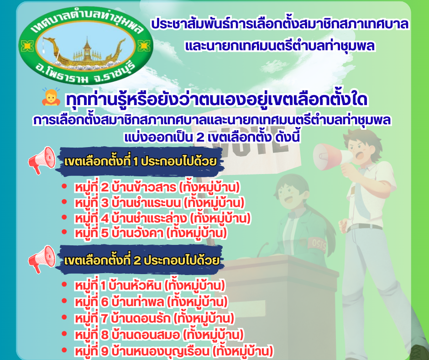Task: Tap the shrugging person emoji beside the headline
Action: point(51,97)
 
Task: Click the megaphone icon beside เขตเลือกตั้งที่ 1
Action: point(42,160)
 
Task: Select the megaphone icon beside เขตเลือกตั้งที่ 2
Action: point(42,259)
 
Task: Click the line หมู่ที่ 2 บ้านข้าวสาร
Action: point(157,187)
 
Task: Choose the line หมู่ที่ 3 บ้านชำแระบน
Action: point(160,203)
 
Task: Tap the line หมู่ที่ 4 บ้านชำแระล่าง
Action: point(163,218)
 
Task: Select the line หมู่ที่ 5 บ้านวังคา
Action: point(151,233)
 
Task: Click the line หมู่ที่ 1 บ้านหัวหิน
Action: point(150,286)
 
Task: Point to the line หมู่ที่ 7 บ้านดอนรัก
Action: point(155,318)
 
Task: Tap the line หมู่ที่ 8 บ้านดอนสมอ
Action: point(159,335)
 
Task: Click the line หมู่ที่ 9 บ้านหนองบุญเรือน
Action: point(174,351)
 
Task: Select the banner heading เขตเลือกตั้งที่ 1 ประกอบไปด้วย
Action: point(141,161)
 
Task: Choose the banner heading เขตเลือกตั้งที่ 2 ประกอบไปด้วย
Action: point(142,260)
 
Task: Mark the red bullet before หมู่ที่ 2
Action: point(64,186)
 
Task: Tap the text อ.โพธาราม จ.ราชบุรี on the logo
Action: point(85,72)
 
